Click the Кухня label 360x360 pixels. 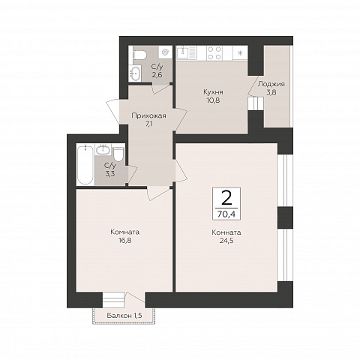pos(213,92)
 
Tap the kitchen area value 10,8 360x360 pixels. pos(213,100)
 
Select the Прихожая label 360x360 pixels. pos(148,115)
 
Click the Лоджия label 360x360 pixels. pos(271,84)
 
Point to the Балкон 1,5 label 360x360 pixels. pos(124,316)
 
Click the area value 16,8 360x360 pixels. pos(125,241)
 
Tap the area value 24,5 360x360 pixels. pos(226,241)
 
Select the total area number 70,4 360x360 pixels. pos(226,214)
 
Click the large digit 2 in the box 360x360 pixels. pos(226,198)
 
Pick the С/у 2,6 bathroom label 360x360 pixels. pos(157,70)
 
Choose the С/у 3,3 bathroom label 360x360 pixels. pos(110,169)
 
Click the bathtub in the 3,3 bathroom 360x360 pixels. pos(85,165)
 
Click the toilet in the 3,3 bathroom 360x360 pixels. pos(118,154)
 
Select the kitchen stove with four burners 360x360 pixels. pos(214,53)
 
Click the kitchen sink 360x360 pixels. pos(187,52)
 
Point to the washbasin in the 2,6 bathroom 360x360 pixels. pos(135,73)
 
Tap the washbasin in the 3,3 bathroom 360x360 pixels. pos(103,150)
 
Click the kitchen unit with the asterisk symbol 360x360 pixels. pos(240,53)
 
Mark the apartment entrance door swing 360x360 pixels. pos(113,111)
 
